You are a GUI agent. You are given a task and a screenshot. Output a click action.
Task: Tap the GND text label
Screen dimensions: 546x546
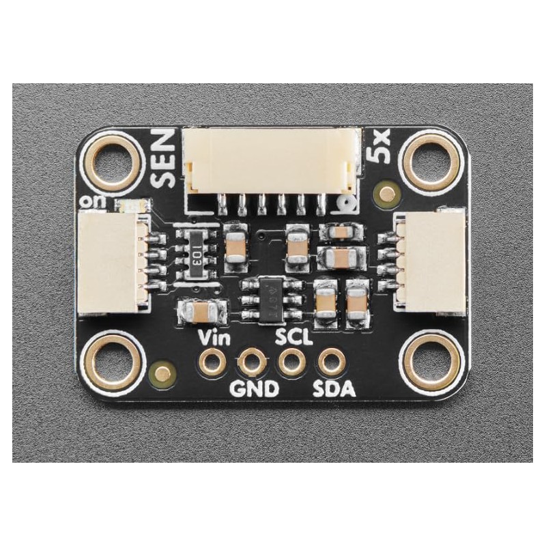(x=254, y=390)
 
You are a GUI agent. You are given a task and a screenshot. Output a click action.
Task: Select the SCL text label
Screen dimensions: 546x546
(x=294, y=336)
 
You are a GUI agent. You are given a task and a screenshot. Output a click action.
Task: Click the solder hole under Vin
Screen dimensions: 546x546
(x=214, y=361)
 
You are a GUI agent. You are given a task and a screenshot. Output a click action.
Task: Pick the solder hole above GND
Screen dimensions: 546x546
(x=253, y=362)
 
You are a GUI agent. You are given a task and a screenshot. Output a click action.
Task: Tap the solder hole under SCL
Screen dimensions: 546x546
(x=292, y=362)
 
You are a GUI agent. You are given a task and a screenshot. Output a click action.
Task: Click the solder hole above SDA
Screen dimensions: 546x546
(x=332, y=362)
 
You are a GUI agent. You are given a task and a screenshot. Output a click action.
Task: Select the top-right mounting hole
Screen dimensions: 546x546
(x=429, y=163)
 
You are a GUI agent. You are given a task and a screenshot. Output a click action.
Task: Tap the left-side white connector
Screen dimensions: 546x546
(x=111, y=263)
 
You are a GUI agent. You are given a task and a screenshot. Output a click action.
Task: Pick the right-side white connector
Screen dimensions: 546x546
(x=430, y=263)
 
